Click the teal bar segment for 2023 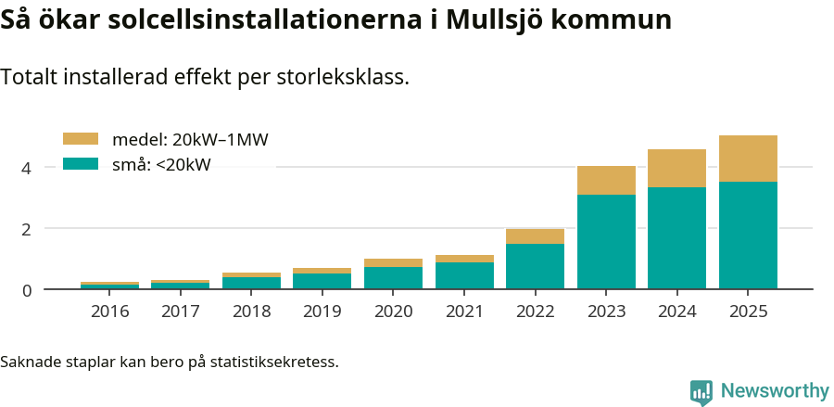pos(606,241)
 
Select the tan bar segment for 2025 pos(748,159)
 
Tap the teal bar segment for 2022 pos(535,266)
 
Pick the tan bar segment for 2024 pos(676,169)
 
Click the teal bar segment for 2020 pos(393,278)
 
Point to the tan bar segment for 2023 pos(606,181)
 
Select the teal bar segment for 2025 pos(748,235)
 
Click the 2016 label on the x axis pos(109,311)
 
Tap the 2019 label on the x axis pos(322,311)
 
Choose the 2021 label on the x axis pos(464,311)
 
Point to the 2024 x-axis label pos(676,311)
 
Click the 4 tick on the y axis pos(27,168)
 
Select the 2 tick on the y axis pos(27,229)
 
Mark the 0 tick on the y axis pos(27,290)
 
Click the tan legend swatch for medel pos(80,139)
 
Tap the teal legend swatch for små pos(80,164)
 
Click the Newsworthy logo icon pos(701,391)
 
